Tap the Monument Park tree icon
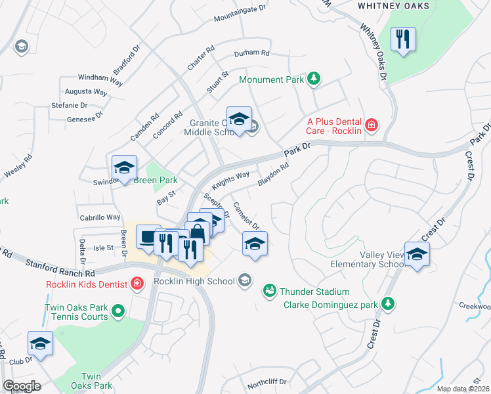coord(314,79)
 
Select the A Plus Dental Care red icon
coord(372,124)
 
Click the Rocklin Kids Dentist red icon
coord(137,284)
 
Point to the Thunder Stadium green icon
coord(269,290)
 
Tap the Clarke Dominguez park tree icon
coord(389,303)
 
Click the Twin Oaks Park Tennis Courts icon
coord(117,310)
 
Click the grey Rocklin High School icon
coord(245,280)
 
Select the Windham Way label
coord(100,79)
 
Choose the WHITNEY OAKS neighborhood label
coord(393,6)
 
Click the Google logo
coord(22,385)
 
